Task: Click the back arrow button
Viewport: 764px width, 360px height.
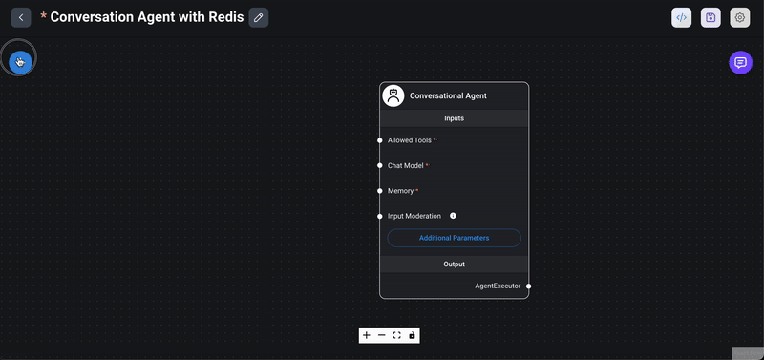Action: click(21, 17)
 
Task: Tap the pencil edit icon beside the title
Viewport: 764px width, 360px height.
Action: click(258, 17)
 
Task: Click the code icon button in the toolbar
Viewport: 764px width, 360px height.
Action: click(681, 17)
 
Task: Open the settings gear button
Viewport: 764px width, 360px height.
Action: click(739, 17)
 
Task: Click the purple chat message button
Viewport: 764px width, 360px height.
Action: click(739, 63)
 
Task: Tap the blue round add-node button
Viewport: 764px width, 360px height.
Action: click(20, 62)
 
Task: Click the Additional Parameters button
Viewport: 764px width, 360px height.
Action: click(454, 238)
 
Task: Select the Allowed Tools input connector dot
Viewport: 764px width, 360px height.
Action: click(380, 140)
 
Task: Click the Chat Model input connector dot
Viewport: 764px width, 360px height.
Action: click(380, 165)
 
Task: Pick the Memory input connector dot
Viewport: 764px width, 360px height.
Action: click(380, 191)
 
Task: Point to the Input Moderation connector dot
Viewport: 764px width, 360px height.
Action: click(380, 216)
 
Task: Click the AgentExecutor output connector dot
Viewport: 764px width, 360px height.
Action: click(528, 286)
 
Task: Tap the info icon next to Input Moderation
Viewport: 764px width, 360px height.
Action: click(453, 216)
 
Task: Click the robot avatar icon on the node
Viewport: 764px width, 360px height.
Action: click(393, 95)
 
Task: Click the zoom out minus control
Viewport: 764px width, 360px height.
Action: click(381, 335)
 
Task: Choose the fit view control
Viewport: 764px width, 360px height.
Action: click(396, 335)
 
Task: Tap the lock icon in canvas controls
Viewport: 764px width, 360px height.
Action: click(412, 335)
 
